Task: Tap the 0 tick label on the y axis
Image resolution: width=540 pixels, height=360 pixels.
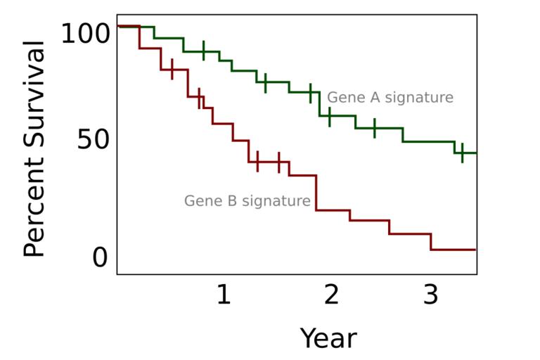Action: click(x=100, y=257)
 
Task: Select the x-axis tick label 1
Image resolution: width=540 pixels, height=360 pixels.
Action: click(x=223, y=295)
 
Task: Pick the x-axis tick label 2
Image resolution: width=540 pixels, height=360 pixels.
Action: click(x=330, y=295)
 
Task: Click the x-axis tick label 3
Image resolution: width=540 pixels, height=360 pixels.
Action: click(x=431, y=295)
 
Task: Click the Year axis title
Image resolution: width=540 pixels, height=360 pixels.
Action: click(x=328, y=338)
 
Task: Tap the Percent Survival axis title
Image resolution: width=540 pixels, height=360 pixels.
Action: click(x=34, y=149)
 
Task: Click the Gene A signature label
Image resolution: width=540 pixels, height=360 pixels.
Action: click(x=390, y=98)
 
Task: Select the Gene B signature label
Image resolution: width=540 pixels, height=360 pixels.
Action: click(x=247, y=201)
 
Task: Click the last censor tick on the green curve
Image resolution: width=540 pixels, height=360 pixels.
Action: click(x=462, y=153)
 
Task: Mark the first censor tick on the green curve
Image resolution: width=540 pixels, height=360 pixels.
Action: click(x=204, y=51)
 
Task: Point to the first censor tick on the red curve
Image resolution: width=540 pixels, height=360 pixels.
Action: click(x=172, y=70)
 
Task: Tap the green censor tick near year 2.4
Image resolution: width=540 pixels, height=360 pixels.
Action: click(x=374, y=128)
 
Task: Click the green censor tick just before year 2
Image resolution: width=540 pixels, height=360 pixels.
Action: click(x=311, y=92)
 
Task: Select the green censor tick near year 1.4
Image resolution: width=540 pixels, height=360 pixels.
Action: click(x=265, y=82)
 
